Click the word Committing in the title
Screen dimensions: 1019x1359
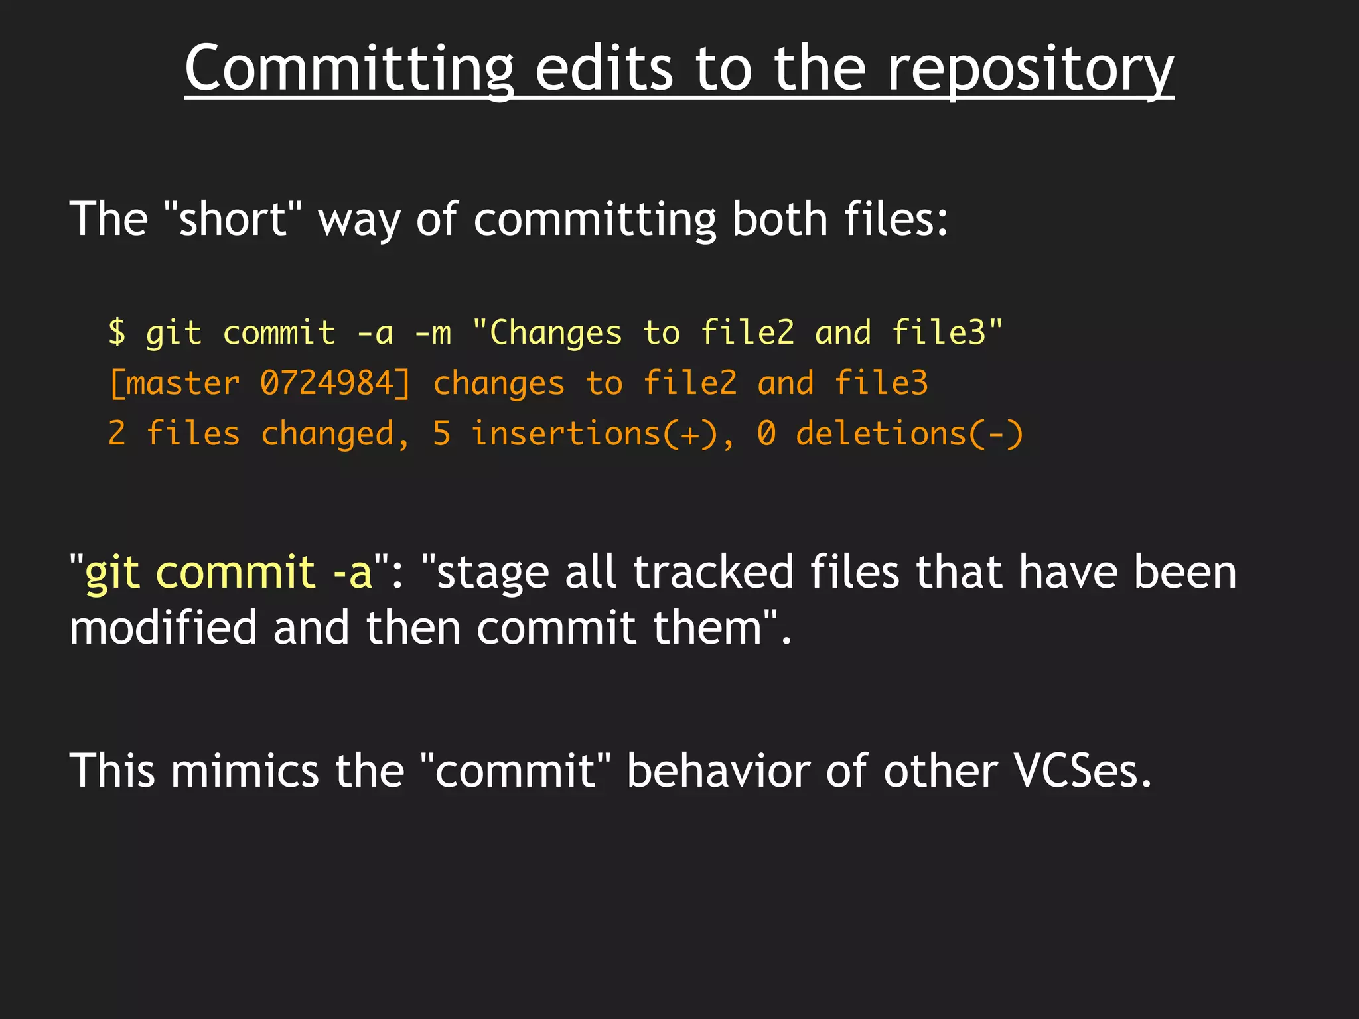[349, 69]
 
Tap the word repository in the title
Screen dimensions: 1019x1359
[1030, 69]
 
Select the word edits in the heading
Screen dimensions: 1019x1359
[604, 69]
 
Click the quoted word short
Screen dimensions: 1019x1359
[232, 219]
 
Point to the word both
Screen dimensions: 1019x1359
[780, 219]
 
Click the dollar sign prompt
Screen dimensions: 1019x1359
[117, 332]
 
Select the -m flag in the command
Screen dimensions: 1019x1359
[433, 332]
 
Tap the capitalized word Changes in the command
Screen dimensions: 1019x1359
[555, 332]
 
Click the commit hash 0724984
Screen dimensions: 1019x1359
[326, 383]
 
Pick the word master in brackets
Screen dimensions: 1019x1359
[182, 383]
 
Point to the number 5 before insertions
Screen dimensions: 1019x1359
[441, 435]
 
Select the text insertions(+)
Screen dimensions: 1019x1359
[595, 435]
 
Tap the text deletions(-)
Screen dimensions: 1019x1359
[909, 435]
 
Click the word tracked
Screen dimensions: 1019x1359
[713, 572]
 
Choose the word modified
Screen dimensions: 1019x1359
[163, 628]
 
